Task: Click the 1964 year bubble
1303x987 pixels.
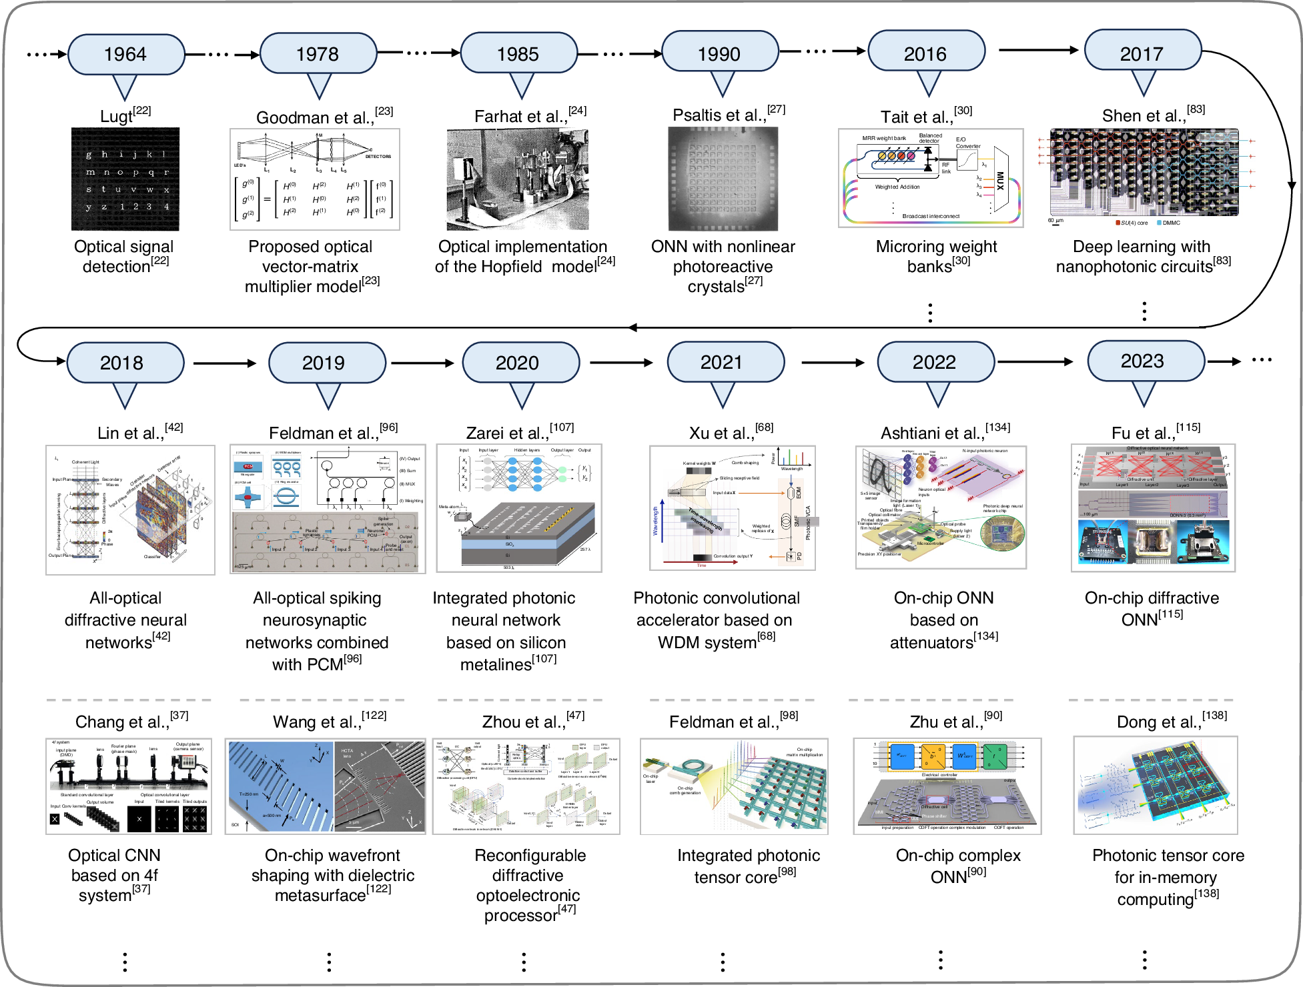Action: (125, 54)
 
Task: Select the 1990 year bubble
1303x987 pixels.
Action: (719, 53)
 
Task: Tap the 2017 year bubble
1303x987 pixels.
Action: (1142, 53)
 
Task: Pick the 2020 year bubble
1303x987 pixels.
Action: (518, 363)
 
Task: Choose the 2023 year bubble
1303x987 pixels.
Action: (1143, 361)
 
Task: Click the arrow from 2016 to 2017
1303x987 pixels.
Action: (1037, 50)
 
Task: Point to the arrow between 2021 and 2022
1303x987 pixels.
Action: (832, 362)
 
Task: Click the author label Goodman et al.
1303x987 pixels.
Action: (324, 117)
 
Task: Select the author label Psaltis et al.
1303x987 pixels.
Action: (728, 115)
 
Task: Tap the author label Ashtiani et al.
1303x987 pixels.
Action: (945, 432)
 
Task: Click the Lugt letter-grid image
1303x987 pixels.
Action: (125, 179)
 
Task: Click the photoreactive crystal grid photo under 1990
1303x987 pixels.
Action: (723, 179)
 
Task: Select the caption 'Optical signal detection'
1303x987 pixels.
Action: (124, 256)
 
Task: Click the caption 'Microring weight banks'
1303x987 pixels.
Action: (936, 256)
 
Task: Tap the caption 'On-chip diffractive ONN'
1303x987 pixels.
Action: (1152, 608)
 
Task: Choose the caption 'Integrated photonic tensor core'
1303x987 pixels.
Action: (748, 866)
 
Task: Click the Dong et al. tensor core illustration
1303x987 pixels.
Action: (1155, 786)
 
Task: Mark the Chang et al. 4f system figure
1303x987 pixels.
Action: (129, 786)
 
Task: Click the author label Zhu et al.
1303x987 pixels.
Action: (955, 721)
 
